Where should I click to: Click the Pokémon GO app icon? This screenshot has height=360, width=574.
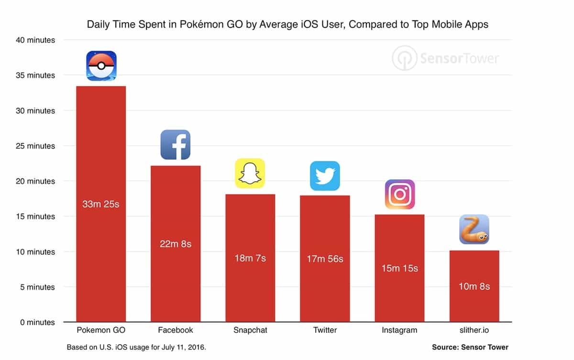coord(101,65)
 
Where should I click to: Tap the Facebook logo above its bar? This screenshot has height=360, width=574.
coord(175,144)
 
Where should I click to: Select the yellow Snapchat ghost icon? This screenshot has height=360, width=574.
coord(250,173)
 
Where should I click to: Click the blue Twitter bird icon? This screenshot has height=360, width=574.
coord(325,176)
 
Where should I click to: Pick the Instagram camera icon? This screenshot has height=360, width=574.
coord(399,194)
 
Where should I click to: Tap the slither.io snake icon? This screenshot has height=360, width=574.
coord(474,229)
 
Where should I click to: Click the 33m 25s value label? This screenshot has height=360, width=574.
coord(100,205)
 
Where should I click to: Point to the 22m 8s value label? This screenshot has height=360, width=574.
coord(176,244)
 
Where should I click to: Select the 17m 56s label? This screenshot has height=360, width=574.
coord(325,259)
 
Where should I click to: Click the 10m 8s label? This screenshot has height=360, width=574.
coord(474,286)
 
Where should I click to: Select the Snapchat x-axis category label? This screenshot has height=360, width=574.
coord(250,330)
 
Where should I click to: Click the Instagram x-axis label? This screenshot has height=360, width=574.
coord(399,330)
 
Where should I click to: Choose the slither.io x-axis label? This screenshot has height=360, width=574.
coord(474,330)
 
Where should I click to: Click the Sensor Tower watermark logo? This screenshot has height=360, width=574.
coord(445,58)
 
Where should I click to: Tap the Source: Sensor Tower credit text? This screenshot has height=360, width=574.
coord(470,347)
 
